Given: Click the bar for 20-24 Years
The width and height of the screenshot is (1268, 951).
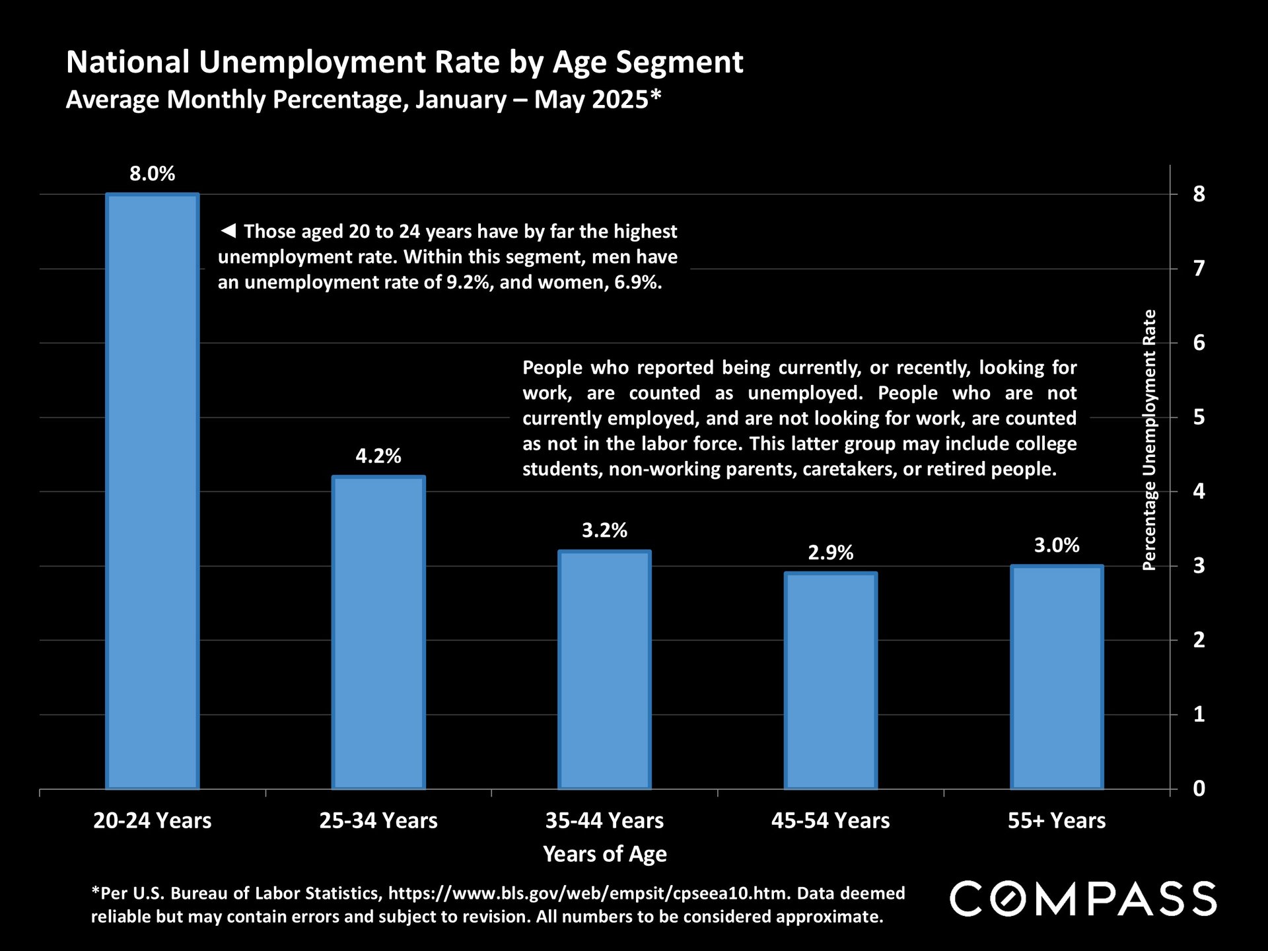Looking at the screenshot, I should click(x=152, y=491).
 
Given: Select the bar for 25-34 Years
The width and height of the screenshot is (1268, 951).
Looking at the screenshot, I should click(x=378, y=632).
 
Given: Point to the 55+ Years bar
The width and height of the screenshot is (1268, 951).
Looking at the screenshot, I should click(x=1057, y=677).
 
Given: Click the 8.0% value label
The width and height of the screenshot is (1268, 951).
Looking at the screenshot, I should click(x=152, y=174).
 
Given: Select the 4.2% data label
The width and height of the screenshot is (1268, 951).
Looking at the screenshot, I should click(x=378, y=456).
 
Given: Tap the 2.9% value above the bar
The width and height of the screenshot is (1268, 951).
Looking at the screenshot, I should click(x=831, y=553).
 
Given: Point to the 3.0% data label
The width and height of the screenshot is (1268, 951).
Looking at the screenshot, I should click(x=1057, y=546).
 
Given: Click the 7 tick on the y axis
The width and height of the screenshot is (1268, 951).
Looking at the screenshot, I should click(x=1199, y=269).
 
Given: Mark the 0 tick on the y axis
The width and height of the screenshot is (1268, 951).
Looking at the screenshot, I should click(x=1199, y=789).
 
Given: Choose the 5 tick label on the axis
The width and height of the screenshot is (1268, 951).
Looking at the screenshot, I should click(x=1199, y=417).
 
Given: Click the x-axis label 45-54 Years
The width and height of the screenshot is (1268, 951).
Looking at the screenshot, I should click(x=831, y=821).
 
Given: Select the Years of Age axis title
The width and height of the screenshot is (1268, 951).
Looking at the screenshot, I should click(x=604, y=855).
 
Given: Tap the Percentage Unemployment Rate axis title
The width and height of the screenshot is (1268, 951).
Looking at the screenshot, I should click(x=1150, y=440).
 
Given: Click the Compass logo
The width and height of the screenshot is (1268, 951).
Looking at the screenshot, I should click(x=1083, y=899).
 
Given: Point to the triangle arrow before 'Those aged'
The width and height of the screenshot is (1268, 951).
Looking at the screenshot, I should click(x=228, y=231).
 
